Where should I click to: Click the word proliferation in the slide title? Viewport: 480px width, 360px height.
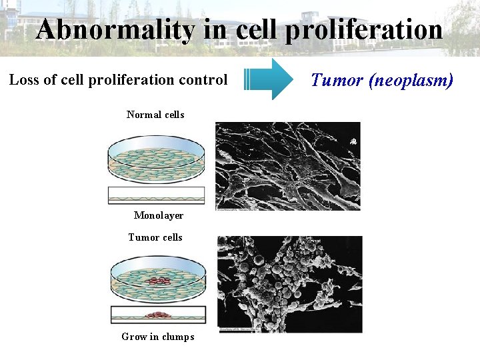point(365,30)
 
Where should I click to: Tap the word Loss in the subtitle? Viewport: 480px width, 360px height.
point(23,80)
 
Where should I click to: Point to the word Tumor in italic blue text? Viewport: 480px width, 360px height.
point(335,81)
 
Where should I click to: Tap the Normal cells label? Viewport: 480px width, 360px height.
point(155,115)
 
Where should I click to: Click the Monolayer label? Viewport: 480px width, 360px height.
point(159,215)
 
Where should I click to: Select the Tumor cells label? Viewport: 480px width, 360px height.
point(155,237)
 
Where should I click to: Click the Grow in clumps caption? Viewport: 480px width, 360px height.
point(158,337)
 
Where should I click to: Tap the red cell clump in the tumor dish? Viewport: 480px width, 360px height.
point(158,281)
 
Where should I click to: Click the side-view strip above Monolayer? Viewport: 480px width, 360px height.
point(157,195)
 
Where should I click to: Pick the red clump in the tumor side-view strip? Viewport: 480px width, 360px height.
point(158,315)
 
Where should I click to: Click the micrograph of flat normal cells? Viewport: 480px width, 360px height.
point(287,166)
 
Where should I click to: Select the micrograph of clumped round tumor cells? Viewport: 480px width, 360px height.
point(290,284)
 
